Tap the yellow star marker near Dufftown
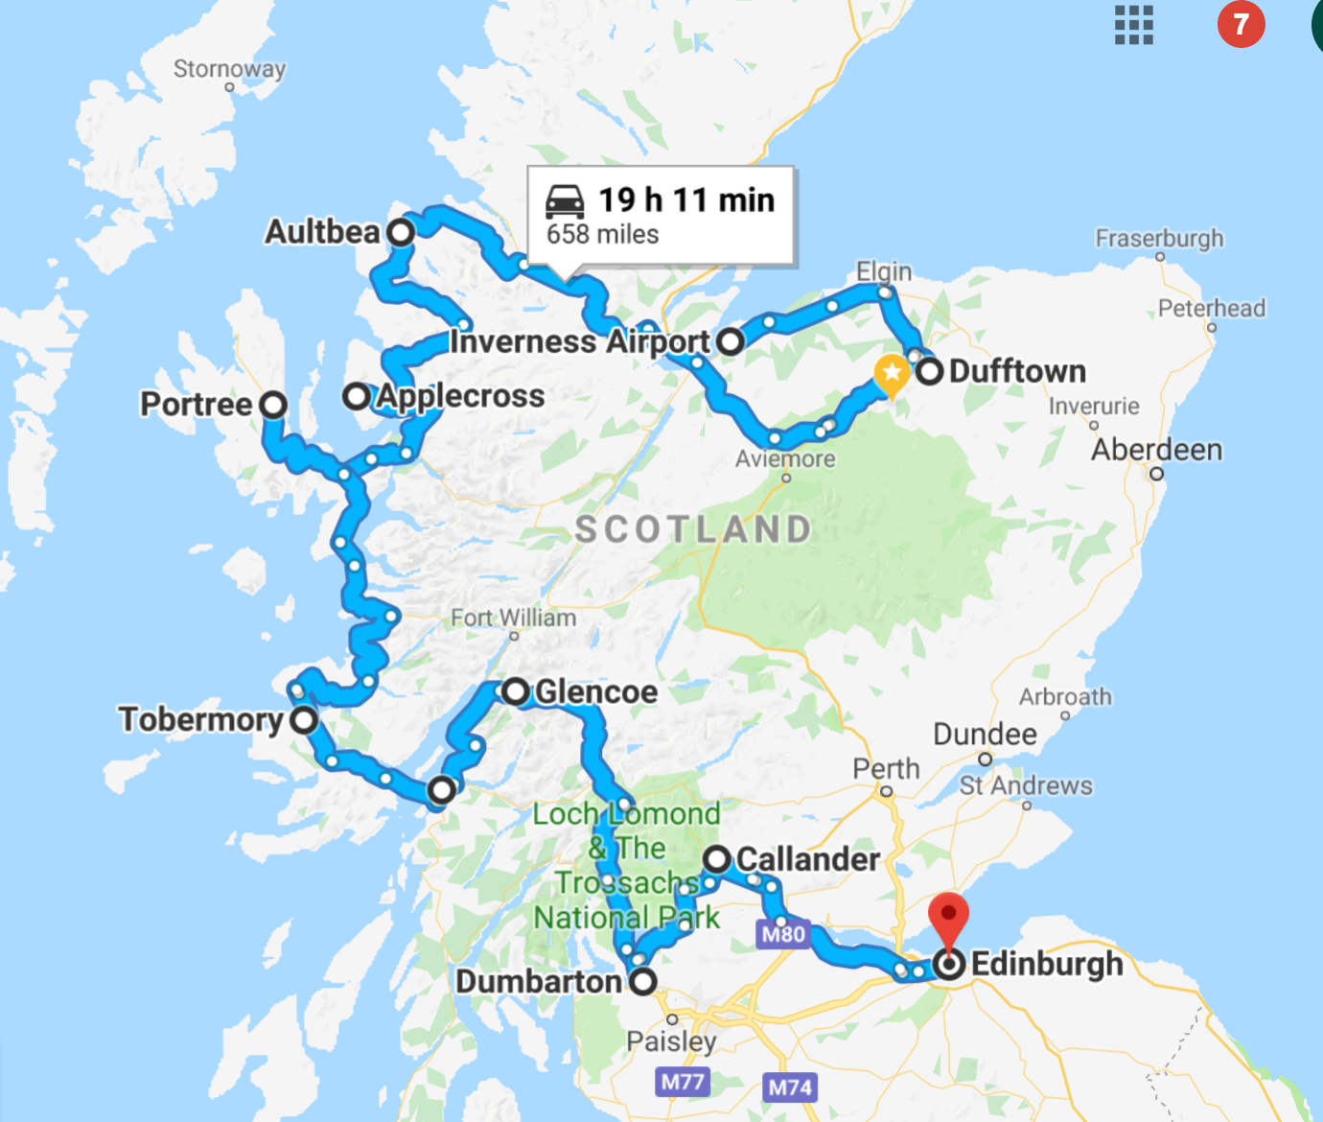(x=892, y=373)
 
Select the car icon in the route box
(x=565, y=201)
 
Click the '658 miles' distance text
(x=602, y=235)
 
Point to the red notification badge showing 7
(x=1241, y=24)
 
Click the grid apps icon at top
(x=1133, y=25)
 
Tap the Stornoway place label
(x=229, y=69)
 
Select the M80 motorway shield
(x=783, y=934)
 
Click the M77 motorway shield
(x=683, y=1083)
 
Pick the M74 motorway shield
(x=790, y=1087)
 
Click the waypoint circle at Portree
(x=273, y=405)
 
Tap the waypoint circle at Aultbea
(x=401, y=232)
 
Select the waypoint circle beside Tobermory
(x=304, y=719)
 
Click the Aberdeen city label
(x=1156, y=450)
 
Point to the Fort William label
(x=514, y=618)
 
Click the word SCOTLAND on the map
(x=693, y=529)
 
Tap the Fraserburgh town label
(x=1159, y=238)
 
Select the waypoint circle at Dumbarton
(x=642, y=981)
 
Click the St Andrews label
(x=1026, y=785)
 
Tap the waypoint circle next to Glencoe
(x=516, y=690)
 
